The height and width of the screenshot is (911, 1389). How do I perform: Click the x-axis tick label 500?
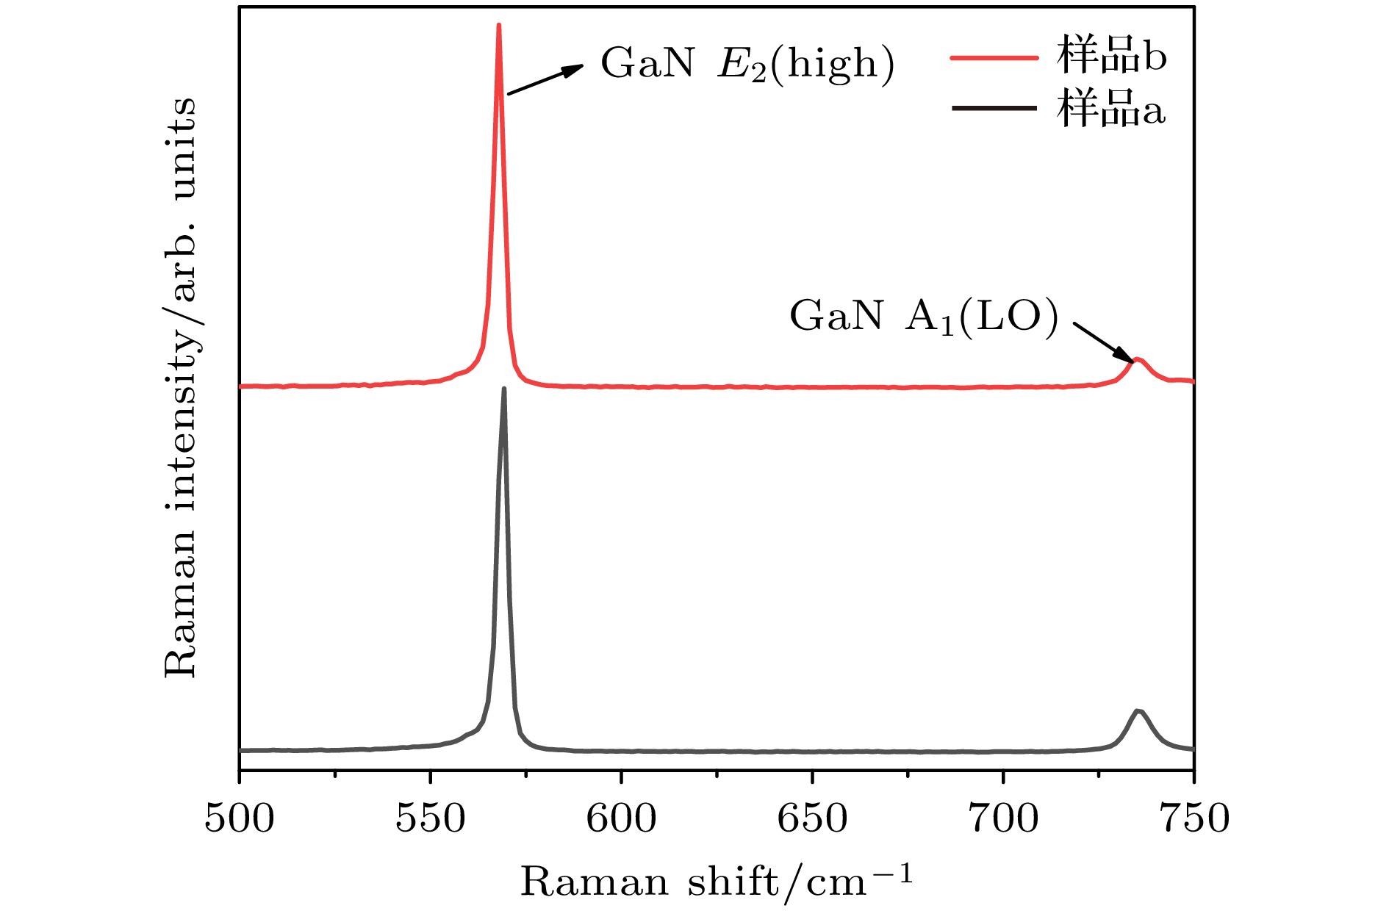click(x=240, y=819)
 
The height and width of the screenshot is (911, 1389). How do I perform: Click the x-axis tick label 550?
click(x=431, y=819)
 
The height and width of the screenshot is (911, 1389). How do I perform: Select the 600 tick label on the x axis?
click(x=622, y=819)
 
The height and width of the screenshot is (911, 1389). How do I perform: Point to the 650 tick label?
click(x=813, y=819)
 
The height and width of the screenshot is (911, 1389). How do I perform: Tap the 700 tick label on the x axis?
click(x=1004, y=819)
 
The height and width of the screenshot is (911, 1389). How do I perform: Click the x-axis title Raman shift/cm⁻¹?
click(x=717, y=881)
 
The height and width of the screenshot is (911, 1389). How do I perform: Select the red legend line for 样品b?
click(x=994, y=57)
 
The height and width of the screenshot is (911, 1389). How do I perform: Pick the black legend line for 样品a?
click(x=994, y=109)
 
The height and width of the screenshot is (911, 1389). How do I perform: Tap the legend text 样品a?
click(x=1111, y=109)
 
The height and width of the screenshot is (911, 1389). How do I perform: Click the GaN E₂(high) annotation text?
click(x=747, y=65)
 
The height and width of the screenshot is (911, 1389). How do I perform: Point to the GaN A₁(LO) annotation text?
click(x=924, y=317)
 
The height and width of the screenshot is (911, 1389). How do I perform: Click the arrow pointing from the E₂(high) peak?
click(x=545, y=79)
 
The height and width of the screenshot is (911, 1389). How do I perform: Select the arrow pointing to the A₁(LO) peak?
click(x=1105, y=342)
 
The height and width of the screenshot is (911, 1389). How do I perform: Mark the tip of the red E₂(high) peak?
click(x=499, y=26)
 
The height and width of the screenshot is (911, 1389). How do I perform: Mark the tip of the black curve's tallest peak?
click(x=504, y=389)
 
